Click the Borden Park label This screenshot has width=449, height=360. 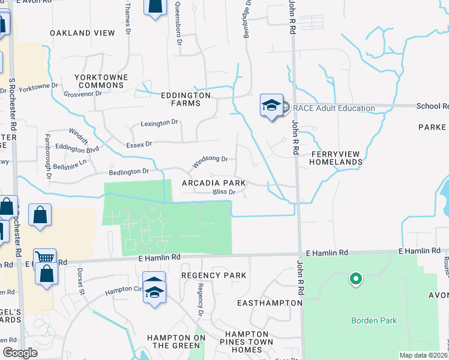(x=374, y=320)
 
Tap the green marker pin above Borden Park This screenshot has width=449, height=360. (x=355, y=278)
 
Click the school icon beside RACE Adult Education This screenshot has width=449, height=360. (x=271, y=106)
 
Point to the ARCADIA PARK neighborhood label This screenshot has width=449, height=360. (x=214, y=182)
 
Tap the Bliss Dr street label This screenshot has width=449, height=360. (x=226, y=192)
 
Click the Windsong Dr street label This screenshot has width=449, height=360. (x=209, y=161)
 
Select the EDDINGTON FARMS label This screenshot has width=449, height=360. (x=185, y=99)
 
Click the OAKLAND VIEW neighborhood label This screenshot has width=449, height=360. (x=82, y=33)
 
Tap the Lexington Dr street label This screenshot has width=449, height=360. (x=160, y=122)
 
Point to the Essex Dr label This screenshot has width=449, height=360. (x=139, y=144)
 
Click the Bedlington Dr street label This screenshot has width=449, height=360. (x=128, y=171)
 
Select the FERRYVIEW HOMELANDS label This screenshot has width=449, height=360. (x=336, y=158)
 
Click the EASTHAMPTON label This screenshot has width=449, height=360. (x=269, y=303)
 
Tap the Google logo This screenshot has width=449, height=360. (x=20, y=353)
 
